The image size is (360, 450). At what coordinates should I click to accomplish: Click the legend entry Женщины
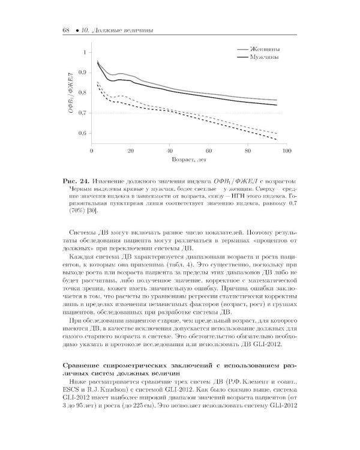(268, 49)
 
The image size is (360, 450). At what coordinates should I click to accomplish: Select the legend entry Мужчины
(268, 58)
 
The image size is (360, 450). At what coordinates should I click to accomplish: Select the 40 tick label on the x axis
(169, 152)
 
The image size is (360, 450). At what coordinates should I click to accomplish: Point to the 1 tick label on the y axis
(83, 52)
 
